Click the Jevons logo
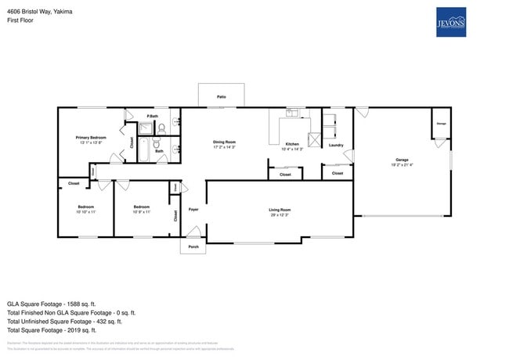coord(450,23)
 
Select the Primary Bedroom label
coord(91,138)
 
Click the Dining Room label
coord(224,142)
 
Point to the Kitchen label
coord(291,145)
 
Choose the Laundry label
coord(336,145)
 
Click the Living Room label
coord(280,209)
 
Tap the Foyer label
coord(193,210)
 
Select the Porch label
coord(193,247)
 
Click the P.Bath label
coord(153,117)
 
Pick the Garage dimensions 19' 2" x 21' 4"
coord(403,164)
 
